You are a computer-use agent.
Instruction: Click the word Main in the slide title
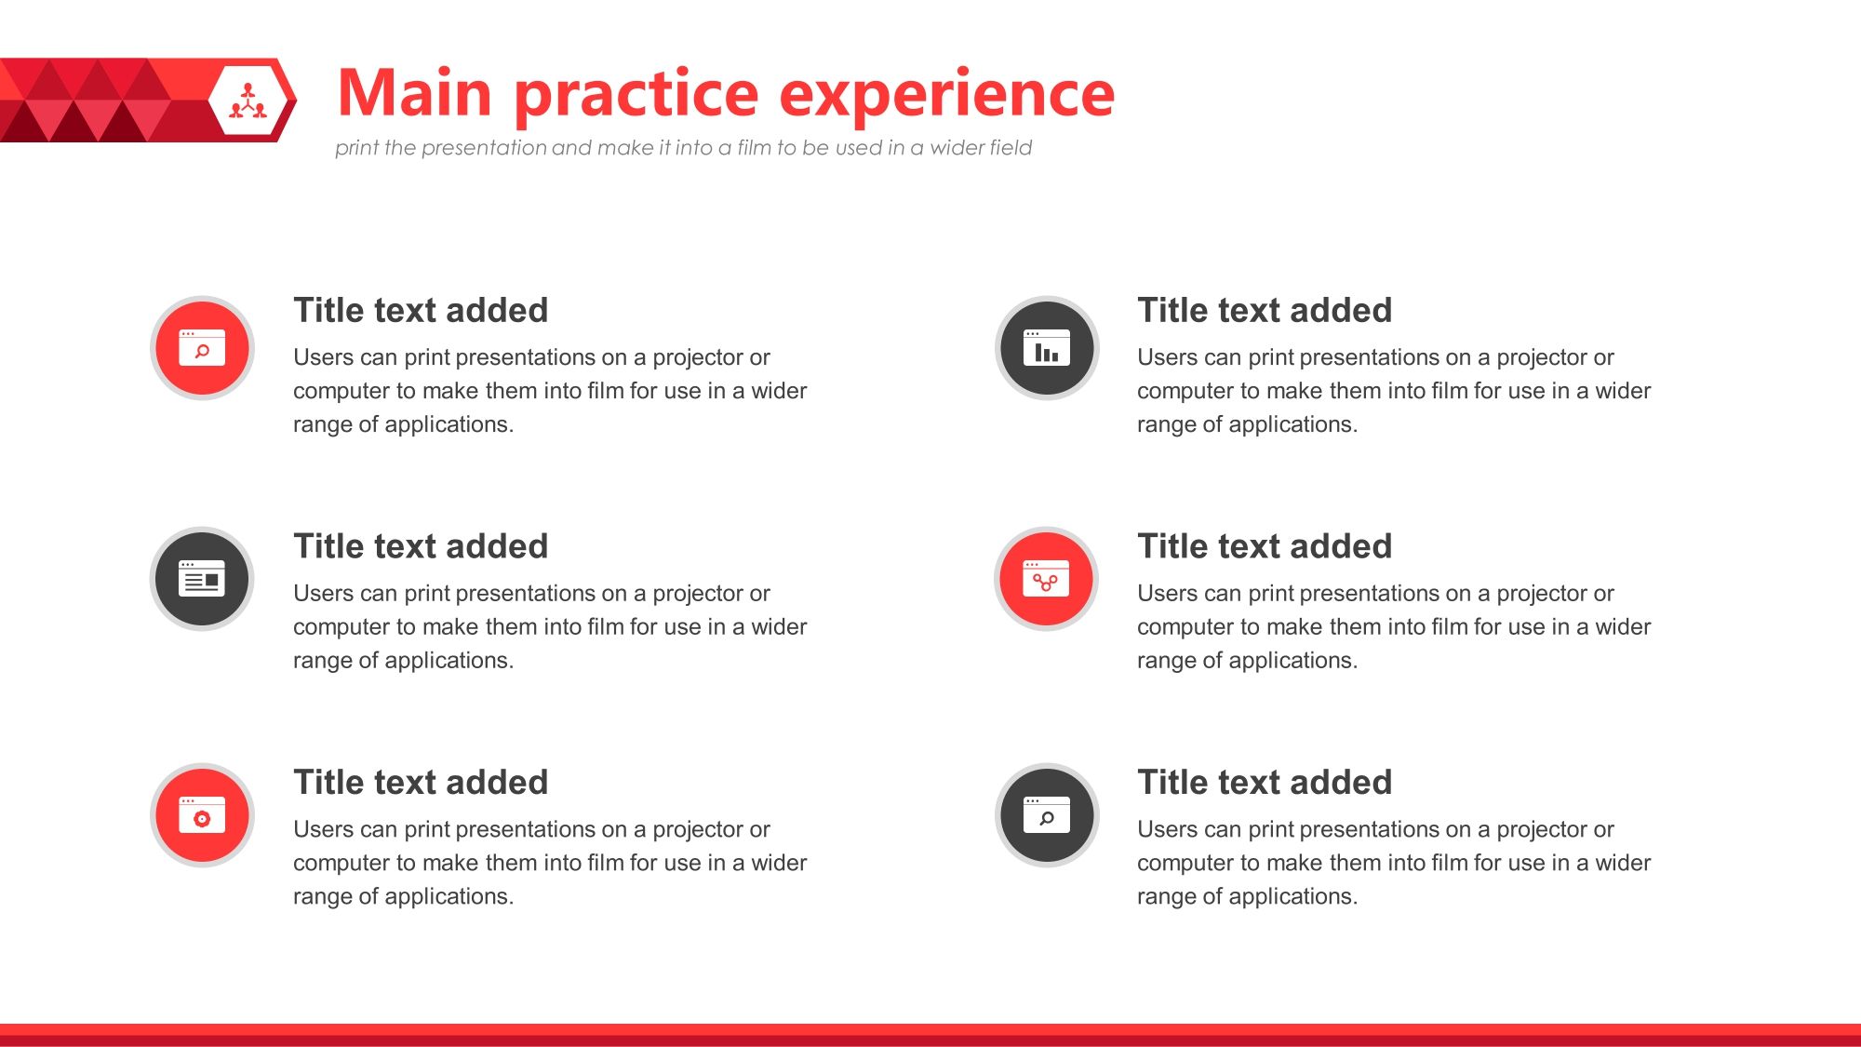tap(415, 93)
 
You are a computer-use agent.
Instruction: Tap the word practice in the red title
tap(636, 97)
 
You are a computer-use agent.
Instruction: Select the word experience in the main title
tap(946, 97)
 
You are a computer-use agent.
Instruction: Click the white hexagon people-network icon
tap(248, 101)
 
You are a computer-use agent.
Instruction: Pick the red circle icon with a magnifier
tap(202, 348)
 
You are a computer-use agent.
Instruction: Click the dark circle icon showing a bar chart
tap(1047, 348)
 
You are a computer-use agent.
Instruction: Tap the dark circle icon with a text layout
tap(202, 579)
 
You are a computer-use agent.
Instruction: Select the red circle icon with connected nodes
tap(1047, 579)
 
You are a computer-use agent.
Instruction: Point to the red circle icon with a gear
tap(202, 815)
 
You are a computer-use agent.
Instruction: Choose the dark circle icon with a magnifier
tap(1047, 815)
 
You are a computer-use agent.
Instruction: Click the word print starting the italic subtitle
tap(356, 148)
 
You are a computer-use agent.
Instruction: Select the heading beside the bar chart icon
tap(1265, 310)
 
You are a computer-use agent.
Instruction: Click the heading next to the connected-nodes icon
tap(1265, 546)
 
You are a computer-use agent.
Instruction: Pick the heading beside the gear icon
tap(421, 783)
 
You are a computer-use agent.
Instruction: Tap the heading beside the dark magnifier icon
tap(1265, 783)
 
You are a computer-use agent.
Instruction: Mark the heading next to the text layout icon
tap(421, 546)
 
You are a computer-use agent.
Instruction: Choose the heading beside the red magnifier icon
tap(421, 310)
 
